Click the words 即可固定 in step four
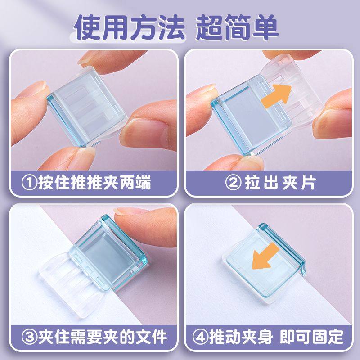315,336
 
